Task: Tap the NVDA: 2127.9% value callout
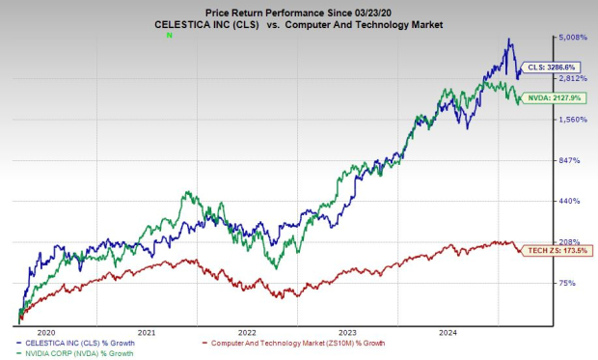554,97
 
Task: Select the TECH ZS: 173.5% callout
551,249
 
